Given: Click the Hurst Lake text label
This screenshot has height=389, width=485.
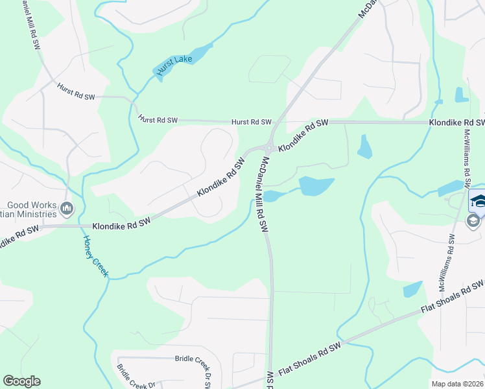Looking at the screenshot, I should [169, 65].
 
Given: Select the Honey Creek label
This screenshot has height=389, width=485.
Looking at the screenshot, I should [95, 256].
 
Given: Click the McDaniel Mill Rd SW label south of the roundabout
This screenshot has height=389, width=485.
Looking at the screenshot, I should [263, 194].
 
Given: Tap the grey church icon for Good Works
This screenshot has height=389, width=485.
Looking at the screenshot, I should [67, 208].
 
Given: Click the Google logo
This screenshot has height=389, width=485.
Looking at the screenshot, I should [21, 381].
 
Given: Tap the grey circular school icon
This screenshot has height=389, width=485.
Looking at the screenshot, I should [473, 221].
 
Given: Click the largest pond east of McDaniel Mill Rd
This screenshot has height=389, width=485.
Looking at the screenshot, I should [316, 186].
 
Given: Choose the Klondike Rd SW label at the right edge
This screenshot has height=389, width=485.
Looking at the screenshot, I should [456, 122].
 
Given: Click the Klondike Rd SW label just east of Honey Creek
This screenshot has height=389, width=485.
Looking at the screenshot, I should [121, 225].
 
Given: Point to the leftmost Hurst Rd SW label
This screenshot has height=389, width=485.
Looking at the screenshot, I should [75, 92].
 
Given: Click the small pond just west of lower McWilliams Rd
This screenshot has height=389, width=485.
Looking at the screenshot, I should [412, 289].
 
